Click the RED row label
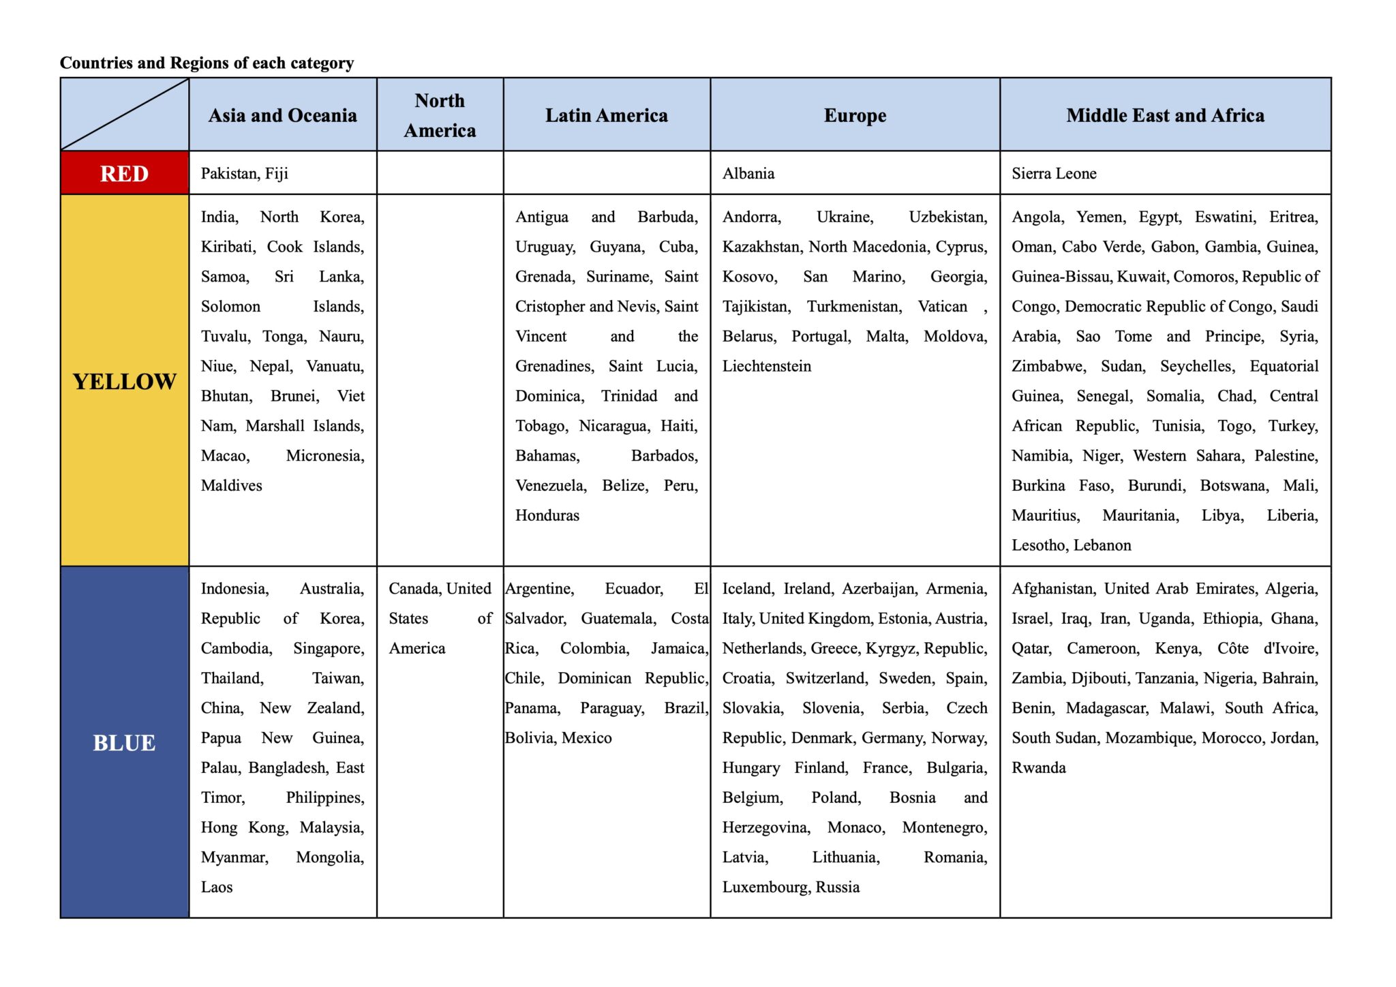(124, 174)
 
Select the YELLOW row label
(124, 382)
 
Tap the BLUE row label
(124, 742)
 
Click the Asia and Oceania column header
(283, 115)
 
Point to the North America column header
(440, 115)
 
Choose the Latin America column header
(607, 115)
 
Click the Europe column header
(855, 115)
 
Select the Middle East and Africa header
(1165, 115)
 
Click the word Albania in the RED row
(748, 174)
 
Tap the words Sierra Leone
(1054, 174)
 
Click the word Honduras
(547, 515)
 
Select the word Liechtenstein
(767, 366)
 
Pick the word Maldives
(231, 485)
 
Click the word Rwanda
(1038, 768)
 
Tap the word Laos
(217, 887)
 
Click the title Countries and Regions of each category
(207, 63)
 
